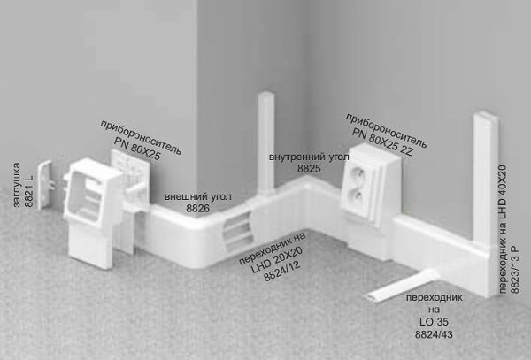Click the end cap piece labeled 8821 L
coord(45,185)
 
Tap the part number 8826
coord(198,209)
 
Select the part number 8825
coord(309,168)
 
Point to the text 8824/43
coord(434,334)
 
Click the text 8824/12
coord(282,271)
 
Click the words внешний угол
coord(198,196)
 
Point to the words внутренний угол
coord(309,157)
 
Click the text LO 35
coord(434,322)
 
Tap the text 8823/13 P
coord(515,270)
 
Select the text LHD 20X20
coord(276,260)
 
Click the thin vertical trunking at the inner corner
coord(266,142)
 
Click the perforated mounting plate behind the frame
coord(130,176)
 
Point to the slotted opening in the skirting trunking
coord(237,230)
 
